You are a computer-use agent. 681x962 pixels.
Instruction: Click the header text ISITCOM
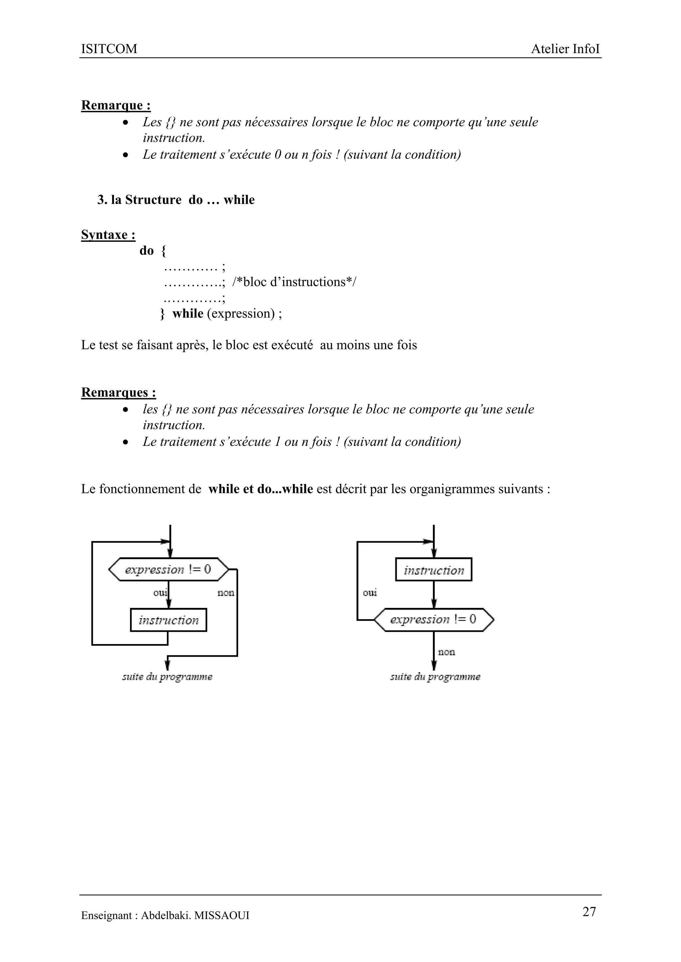point(109,49)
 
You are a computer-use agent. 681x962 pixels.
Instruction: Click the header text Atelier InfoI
point(565,49)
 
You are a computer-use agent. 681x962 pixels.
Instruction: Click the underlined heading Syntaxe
point(108,235)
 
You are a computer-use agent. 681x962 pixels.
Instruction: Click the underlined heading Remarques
point(119,392)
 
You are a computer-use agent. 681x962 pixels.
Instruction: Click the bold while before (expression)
point(188,313)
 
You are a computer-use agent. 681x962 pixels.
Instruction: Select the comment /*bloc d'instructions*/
point(294,282)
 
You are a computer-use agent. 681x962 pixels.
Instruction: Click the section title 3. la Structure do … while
point(176,200)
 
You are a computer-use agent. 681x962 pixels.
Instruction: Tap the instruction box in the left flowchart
point(169,620)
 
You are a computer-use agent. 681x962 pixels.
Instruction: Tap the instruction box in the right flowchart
point(434,570)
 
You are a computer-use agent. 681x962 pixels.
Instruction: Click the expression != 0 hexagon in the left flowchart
point(169,569)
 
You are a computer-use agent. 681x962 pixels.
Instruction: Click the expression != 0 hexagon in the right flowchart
point(434,620)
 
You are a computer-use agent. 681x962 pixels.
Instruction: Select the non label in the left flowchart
point(225,593)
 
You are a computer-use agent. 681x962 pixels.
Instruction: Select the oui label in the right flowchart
point(370,593)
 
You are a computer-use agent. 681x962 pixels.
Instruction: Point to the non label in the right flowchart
point(446,652)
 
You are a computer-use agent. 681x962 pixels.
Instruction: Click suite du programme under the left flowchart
point(167,677)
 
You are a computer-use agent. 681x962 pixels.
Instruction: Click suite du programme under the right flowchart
point(435,677)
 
